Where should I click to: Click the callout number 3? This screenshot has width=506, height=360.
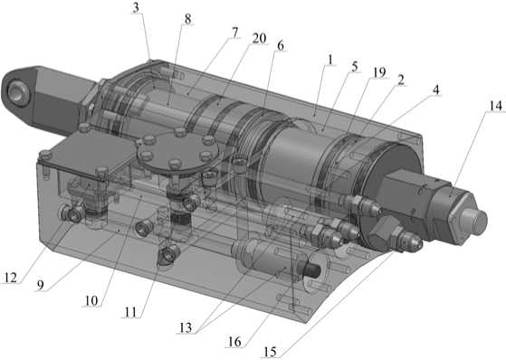(x=137, y=8)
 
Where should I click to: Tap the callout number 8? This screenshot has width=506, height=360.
(x=187, y=19)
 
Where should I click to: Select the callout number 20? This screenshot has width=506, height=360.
(x=259, y=38)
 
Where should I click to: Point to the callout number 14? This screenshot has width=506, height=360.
(x=496, y=106)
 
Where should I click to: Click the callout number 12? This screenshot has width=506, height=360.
(x=11, y=278)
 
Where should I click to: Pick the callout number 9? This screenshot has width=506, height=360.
(x=41, y=285)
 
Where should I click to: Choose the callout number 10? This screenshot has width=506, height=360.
(x=91, y=300)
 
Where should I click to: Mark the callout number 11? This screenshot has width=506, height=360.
(x=130, y=312)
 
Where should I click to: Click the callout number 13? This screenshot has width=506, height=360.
(x=186, y=327)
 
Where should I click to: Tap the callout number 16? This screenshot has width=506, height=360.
(x=234, y=342)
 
